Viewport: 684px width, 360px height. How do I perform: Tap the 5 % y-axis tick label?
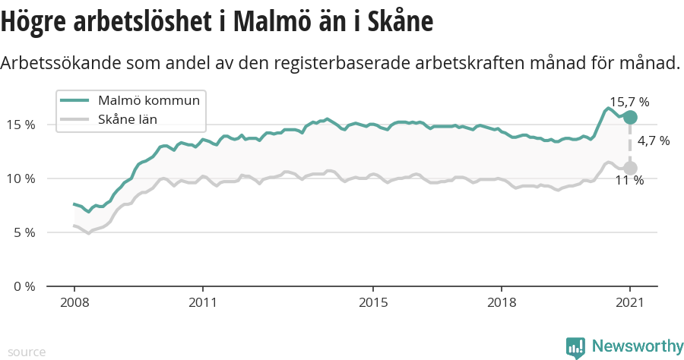click(x=23, y=232)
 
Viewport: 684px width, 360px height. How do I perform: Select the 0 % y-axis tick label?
click(x=23, y=286)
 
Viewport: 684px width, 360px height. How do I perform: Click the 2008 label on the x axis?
click(x=74, y=302)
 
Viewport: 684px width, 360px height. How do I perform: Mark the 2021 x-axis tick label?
click(x=630, y=302)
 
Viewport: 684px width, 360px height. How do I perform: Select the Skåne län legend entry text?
click(x=128, y=119)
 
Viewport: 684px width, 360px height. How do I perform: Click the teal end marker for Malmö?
click(x=630, y=117)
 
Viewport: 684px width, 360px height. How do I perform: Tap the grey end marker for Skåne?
click(x=630, y=168)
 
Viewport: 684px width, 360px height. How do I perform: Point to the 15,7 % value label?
click(x=629, y=102)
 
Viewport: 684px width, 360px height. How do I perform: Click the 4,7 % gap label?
click(x=654, y=141)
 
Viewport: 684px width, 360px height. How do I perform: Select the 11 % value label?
click(x=630, y=181)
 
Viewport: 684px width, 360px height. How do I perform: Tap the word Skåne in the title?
click(x=394, y=22)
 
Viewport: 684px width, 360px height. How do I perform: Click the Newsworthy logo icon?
click(x=575, y=347)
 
